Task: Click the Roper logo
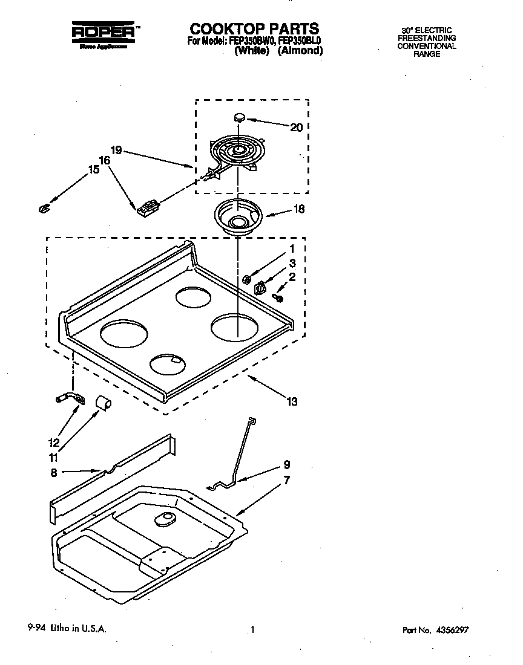point(102,33)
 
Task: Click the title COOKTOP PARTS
point(254,28)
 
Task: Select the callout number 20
point(296,127)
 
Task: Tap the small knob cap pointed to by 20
point(239,117)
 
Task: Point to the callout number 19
point(117,149)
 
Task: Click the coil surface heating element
point(236,151)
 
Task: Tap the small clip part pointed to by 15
point(42,208)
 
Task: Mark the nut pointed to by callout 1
point(246,279)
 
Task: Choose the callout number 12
point(54,443)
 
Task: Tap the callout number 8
point(54,473)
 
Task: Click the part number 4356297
point(449,630)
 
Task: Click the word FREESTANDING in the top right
point(426,38)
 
